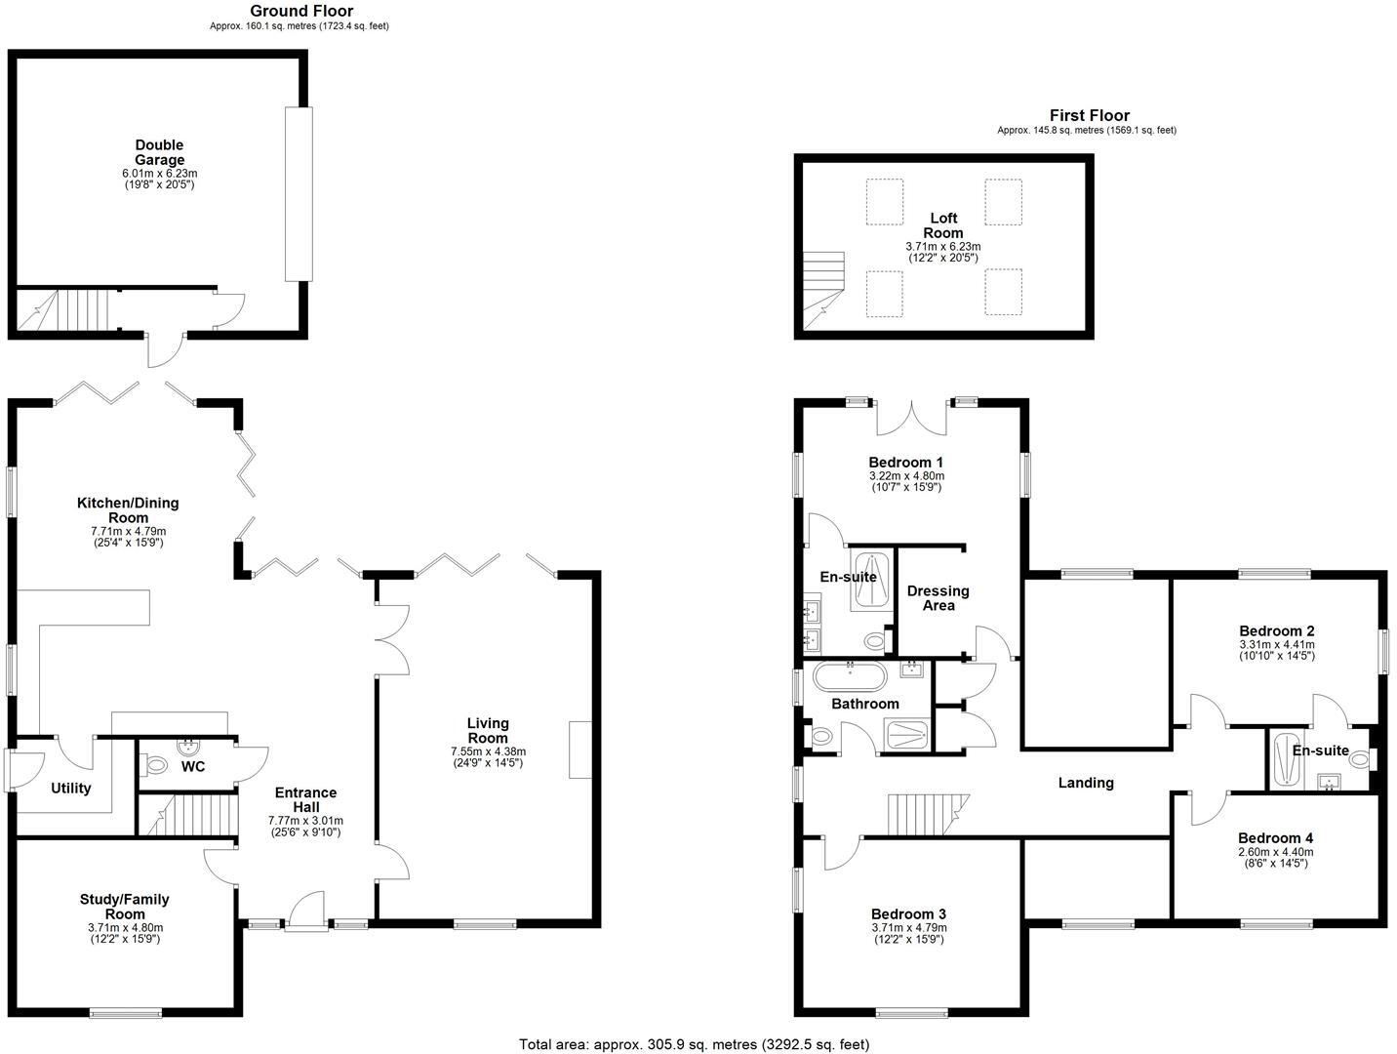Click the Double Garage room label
point(159,153)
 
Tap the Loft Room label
point(942,225)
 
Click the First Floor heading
point(1089,115)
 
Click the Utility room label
point(70,788)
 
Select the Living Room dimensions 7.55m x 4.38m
point(488,751)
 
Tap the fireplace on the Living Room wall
point(580,750)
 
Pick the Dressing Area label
point(938,598)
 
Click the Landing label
point(1086,782)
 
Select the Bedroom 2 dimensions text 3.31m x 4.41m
point(1277,644)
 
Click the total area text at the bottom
point(694,1044)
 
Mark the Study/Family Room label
point(125,907)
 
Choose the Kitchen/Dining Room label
point(128,510)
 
